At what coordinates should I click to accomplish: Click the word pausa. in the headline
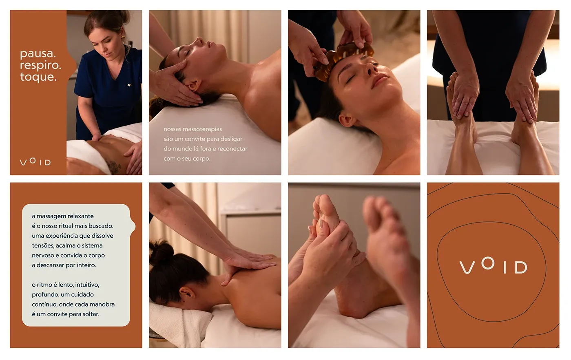pyautogui.click(x=38, y=53)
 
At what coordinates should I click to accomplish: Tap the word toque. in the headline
pyautogui.click(x=38, y=77)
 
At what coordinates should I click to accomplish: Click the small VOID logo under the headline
pyautogui.click(x=35, y=161)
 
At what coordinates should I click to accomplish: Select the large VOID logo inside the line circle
pyautogui.click(x=493, y=265)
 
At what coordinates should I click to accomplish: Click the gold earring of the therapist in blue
pyautogui.click(x=123, y=38)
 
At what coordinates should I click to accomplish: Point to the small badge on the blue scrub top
pyautogui.click(x=129, y=85)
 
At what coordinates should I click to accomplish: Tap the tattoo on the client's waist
pyautogui.click(x=113, y=167)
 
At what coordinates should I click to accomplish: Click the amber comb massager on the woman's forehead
pyautogui.click(x=343, y=60)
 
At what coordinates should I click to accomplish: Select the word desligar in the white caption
pyautogui.click(x=231, y=139)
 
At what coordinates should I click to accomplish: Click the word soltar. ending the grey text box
pyautogui.click(x=91, y=314)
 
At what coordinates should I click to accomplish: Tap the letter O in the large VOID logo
pyautogui.click(x=488, y=263)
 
